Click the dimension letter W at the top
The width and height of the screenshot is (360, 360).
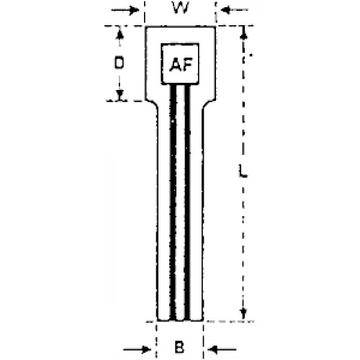181,8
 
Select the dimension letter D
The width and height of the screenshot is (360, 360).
119,63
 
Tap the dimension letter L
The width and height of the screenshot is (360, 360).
243,171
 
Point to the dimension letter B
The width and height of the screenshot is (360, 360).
179,347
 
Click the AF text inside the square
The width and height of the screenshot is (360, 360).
181,65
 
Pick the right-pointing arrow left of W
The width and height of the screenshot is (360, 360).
125,10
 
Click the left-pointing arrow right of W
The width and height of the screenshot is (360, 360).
234,10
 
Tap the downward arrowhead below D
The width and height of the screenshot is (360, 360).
120,94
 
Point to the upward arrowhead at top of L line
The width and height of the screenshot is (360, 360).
243,34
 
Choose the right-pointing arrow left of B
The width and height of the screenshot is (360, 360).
137,349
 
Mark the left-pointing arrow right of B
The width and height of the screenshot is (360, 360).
222,349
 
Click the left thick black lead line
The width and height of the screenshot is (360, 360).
173,202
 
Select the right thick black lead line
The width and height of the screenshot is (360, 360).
187,202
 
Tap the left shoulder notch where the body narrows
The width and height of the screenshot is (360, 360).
153,104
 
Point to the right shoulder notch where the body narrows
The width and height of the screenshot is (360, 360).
208,104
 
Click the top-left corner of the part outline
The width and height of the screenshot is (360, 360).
145,27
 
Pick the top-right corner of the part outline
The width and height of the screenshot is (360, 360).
215,27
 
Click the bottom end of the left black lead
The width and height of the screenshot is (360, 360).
173,320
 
